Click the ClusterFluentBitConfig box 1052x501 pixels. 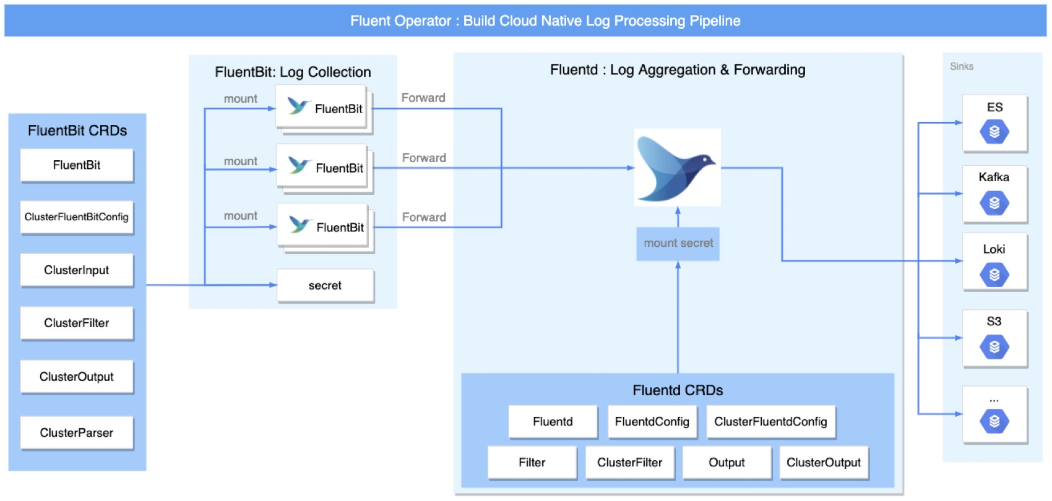point(77,217)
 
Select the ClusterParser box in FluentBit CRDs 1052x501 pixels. point(77,433)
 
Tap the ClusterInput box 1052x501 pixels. point(77,270)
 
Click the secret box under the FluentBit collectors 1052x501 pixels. point(325,286)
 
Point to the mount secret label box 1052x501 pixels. point(678,243)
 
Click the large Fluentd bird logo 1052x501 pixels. point(677,167)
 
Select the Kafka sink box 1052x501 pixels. point(994,194)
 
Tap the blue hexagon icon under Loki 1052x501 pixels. point(994,275)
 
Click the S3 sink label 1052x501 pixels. point(994,322)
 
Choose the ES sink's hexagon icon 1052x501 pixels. point(994,132)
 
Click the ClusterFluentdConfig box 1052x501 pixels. point(770,422)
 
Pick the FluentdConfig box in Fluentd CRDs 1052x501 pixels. point(652,422)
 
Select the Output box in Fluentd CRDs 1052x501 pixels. point(726,463)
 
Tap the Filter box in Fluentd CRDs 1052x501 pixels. point(532,463)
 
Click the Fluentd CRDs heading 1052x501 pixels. point(678,390)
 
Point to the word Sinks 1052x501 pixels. point(962,67)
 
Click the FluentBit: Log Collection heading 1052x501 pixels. point(293,72)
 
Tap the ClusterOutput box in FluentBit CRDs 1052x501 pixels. point(77,377)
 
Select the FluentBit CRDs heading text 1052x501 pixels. point(77,131)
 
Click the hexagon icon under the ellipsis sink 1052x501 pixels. point(994,421)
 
